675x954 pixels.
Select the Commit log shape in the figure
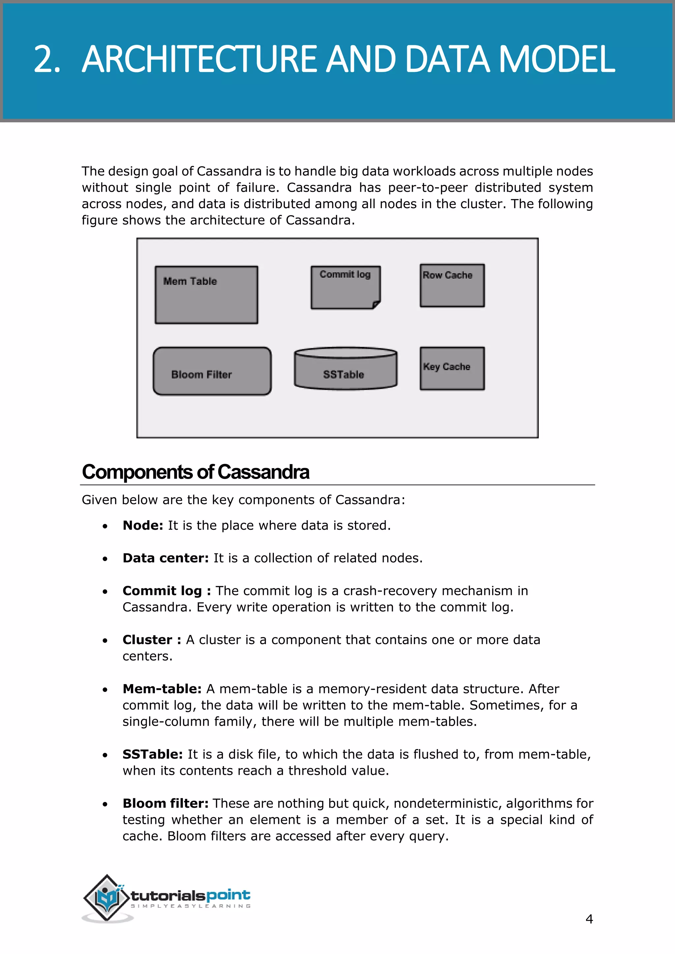[345, 288]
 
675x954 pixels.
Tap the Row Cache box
[452, 286]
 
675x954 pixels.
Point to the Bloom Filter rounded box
[212, 371]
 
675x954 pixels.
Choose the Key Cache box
[452, 368]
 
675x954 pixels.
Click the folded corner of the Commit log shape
[376, 305]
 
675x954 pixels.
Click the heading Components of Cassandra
[195, 472]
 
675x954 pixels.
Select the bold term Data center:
[165, 558]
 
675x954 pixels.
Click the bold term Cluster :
[152, 639]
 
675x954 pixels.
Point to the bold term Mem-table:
[162, 688]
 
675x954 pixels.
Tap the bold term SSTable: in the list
[153, 754]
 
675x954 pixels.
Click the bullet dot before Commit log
[105, 591]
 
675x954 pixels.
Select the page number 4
[589, 919]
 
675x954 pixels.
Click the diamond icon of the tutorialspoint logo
[107, 897]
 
